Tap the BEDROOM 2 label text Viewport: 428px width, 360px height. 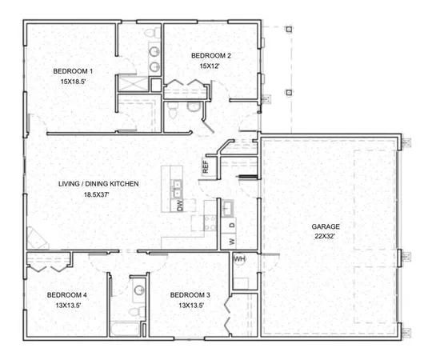tap(211, 55)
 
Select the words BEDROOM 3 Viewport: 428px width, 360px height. tap(190, 295)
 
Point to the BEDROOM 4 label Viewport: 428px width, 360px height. tap(67, 295)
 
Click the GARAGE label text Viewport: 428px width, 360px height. tap(326, 227)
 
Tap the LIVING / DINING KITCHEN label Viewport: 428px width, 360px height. tap(98, 184)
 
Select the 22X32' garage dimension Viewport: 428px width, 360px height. tap(326, 238)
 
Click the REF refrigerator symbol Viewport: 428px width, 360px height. tap(206, 168)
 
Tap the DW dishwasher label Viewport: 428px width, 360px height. tap(179, 206)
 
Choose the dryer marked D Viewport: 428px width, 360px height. tap(232, 225)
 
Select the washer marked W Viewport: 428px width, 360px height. tap(232, 241)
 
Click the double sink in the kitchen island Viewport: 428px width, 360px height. tap(178, 189)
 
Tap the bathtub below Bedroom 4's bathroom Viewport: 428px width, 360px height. tap(125, 329)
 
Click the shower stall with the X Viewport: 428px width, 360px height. tap(128, 83)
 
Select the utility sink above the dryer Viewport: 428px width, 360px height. tap(227, 208)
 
